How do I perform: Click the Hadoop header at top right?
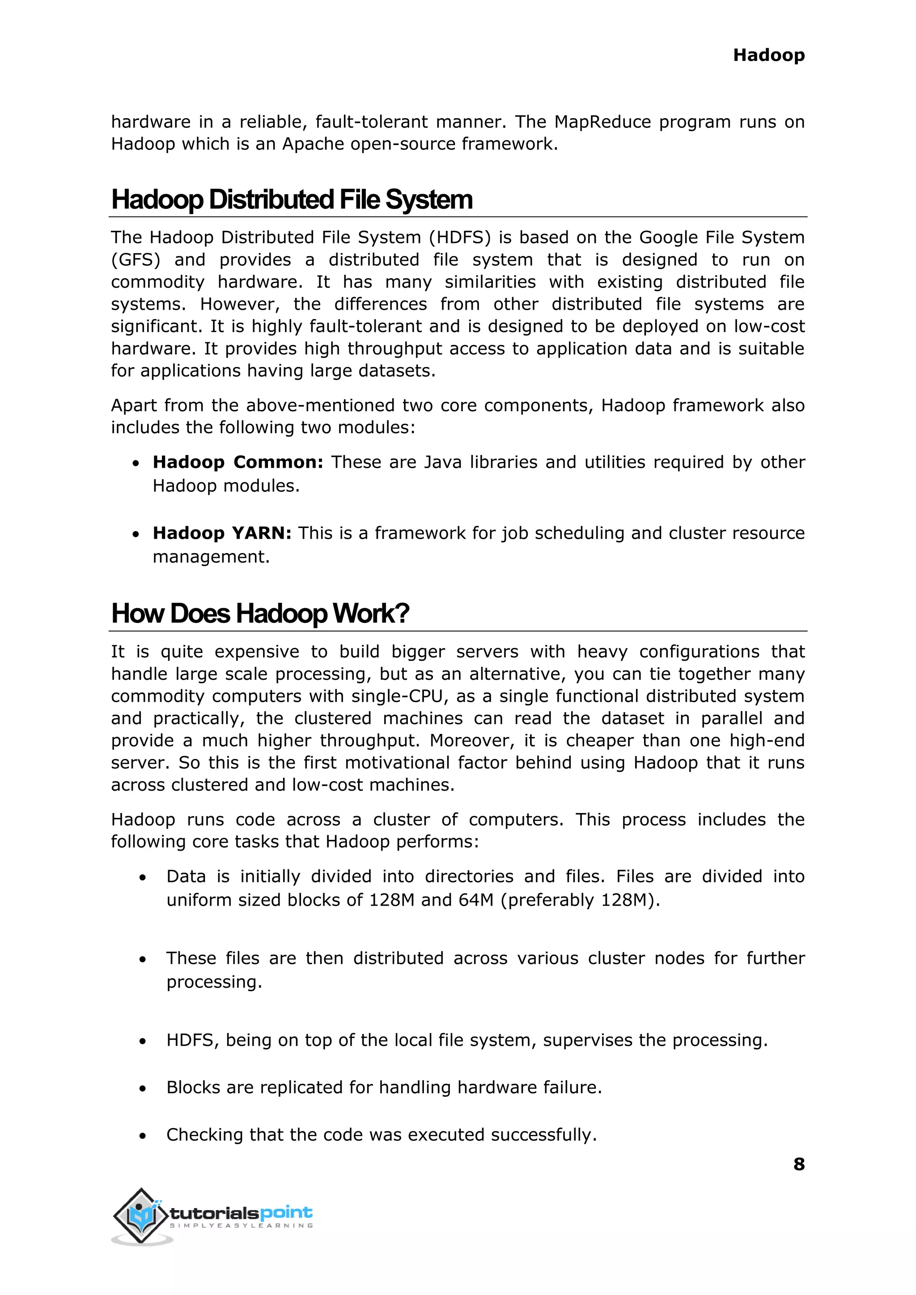coord(768,55)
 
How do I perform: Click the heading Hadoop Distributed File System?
coord(292,200)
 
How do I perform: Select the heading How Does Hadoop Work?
coord(260,614)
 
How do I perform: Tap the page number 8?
coord(799,1164)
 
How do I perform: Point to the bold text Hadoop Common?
coord(237,462)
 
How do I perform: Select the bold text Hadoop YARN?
coord(222,533)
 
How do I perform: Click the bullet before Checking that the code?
coord(143,1136)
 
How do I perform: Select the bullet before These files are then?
coord(143,959)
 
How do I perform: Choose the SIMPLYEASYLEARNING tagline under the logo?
coord(242,1226)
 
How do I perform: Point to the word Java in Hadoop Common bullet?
coord(442,462)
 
